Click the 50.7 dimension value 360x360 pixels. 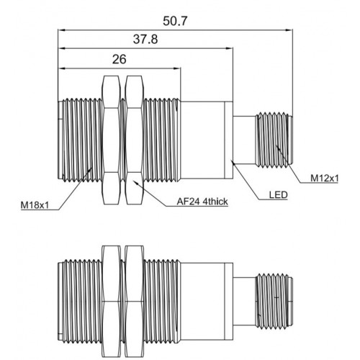(174, 21)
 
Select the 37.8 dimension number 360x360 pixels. (145, 39)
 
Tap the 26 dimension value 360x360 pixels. (119, 59)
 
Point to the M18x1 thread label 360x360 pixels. (35, 205)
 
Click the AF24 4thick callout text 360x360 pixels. (202, 202)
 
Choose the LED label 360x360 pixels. (278, 195)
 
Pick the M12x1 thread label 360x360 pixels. (325, 179)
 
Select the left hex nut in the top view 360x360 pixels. (111, 140)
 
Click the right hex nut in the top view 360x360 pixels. (134, 140)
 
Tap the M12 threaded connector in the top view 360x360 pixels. (274, 140)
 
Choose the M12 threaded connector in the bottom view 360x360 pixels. (274, 301)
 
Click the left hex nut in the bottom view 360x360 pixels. (111, 302)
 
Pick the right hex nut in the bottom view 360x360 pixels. (134, 302)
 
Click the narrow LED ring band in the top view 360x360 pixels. (228, 140)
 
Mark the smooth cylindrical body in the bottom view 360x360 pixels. (202, 302)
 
